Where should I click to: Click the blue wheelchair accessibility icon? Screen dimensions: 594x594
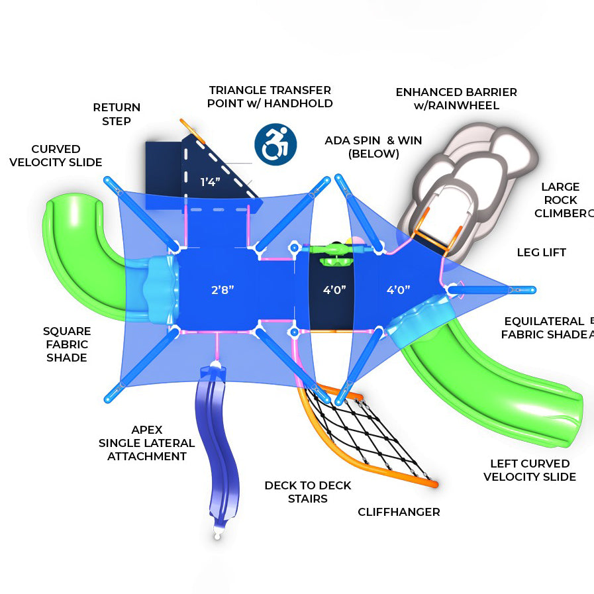[x=275, y=144]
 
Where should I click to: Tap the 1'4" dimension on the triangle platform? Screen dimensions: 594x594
[x=210, y=182]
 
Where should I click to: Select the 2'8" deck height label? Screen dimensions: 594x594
[x=223, y=290]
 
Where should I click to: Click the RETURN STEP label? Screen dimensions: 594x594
[x=117, y=115]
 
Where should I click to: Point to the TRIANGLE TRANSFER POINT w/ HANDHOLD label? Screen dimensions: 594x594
[x=270, y=97]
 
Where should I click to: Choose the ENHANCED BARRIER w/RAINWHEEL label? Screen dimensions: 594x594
[x=456, y=99]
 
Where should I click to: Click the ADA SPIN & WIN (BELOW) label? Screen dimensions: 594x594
[x=373, y=147]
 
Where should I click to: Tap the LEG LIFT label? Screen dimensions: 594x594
[x=541, y=252]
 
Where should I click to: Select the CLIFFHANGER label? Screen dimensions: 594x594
[x=399, y=512]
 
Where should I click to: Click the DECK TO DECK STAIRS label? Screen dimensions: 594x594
[x=308, y=492]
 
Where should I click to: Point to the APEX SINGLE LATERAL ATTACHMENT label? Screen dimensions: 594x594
[x=146, y=443]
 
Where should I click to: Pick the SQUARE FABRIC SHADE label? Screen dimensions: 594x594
[x=67, y=344]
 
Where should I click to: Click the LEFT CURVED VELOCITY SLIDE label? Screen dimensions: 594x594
[x=530, y=470]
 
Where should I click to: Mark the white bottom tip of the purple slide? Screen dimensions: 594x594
[x=217, y=535]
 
